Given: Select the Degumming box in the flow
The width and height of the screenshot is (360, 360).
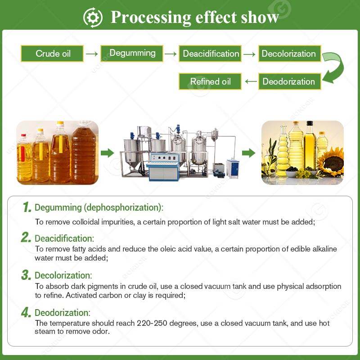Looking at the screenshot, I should pos(131,53).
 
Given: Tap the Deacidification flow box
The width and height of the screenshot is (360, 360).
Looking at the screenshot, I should pos(211,54).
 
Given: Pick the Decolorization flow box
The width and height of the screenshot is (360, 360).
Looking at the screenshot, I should pos(289,54).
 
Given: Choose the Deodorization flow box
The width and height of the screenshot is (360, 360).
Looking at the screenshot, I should pos(289,81).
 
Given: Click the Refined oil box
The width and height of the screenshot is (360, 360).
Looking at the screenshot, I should pos(211,81).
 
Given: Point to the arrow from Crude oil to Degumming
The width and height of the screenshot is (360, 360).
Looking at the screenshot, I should pos(92,54).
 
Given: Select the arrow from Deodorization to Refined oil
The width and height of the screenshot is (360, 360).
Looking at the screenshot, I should pos(251,81).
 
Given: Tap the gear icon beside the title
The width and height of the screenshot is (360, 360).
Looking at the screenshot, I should pos(93,17).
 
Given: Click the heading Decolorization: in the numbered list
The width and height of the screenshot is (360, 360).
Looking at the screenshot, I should pos(63,275).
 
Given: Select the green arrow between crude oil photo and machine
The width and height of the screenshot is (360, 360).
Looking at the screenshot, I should pos(107,153).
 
